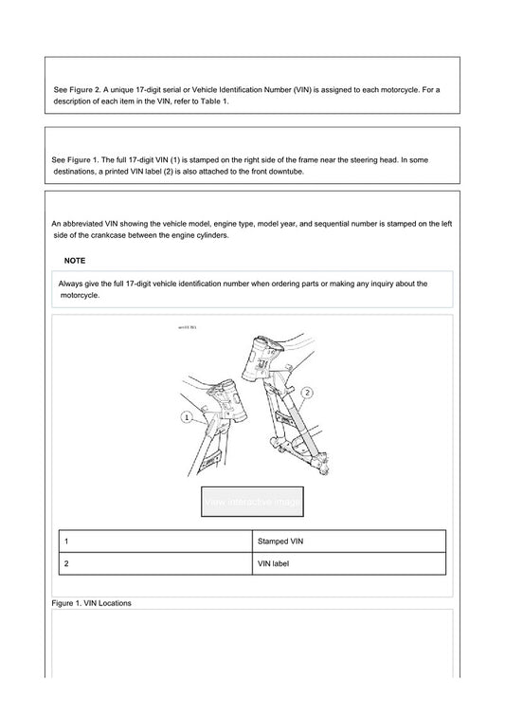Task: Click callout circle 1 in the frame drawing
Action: pyautogui.click(x=187, y=416)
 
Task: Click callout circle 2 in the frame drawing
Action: pyautogui.click(x=308, y=392)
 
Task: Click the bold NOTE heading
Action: pyautogui.click(x=75, y=259)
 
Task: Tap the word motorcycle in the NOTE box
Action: pyautogui.click(x=81, y=295)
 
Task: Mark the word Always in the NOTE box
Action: pyautogui.click(x=72, y=283)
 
